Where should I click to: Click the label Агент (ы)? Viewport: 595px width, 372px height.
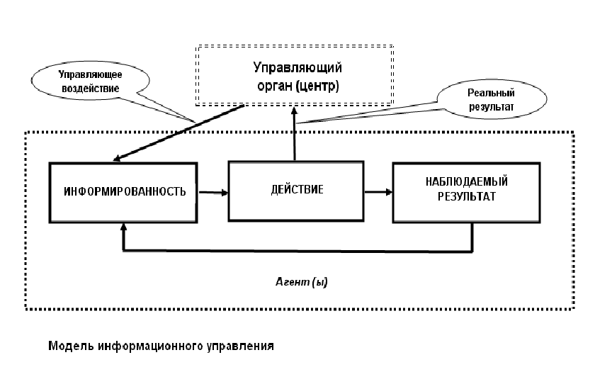(302, 282)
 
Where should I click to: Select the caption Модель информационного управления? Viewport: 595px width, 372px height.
(161, 346)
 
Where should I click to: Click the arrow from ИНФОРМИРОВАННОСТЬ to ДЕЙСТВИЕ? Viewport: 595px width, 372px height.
(213, 193)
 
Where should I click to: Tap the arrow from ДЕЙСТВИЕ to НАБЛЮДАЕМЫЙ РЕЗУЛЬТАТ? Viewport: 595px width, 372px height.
(378, 192)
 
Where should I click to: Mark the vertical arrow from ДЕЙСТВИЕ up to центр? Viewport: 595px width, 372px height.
(294, 134)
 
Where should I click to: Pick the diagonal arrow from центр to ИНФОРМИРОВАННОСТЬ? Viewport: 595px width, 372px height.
(178, 133)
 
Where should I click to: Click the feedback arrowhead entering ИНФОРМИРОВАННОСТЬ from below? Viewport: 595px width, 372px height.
(123, 227)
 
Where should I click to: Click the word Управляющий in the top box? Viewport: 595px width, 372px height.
(297, 68)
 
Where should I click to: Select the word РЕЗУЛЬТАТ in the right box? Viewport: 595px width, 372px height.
(467, 197)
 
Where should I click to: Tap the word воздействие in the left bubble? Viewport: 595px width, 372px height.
(91, 89)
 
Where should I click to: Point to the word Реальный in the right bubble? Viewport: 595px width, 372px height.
(491, 93)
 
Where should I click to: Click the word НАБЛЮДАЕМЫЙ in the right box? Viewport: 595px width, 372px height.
(466, 182)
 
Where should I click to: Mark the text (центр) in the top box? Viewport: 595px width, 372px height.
(317, 86)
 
